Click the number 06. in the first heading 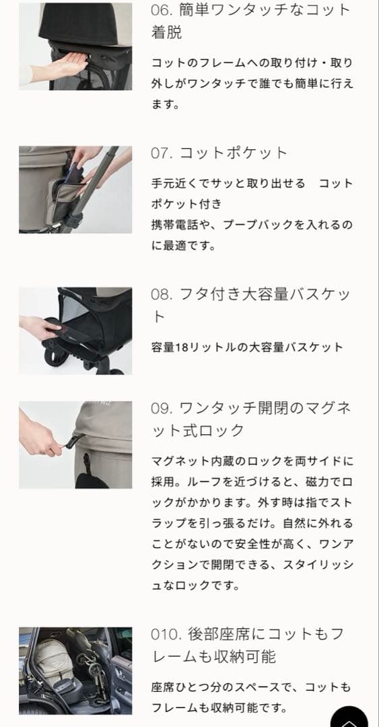(162, 10)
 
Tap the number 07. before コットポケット (162, 153)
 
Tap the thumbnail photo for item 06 (75, 46)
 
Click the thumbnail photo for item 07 (75, 189)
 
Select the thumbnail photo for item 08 (75, 331)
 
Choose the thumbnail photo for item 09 (75, 445)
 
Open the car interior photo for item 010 (75, 670)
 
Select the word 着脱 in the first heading (166, 33)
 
